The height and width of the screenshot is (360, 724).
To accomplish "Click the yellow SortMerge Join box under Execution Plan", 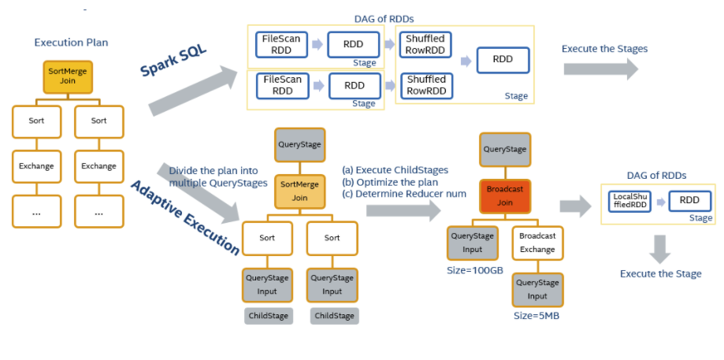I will pyautogui.click(x=67, y=76).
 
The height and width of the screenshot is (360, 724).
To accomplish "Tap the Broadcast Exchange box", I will pyautogui.click(x=537, y=243).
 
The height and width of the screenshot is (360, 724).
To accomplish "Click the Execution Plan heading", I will pyautogui.click(x=71, y=42).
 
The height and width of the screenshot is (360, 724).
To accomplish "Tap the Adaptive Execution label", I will pyautogui.click(x=184, y=217).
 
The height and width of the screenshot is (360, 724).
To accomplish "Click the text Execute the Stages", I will pyautogui.click(x=604, y=49).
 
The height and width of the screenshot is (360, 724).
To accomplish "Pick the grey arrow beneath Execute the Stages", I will pyautogui.click(x=601, y=69).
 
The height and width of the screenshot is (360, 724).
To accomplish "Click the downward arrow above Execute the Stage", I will pyautogui.click(x=660, y=248).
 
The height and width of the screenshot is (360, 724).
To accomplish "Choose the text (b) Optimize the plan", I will pyautogui.click(x=389, y=182).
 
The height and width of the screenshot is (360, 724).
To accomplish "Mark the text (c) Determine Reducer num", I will pyautogui.click(x=404, y=194).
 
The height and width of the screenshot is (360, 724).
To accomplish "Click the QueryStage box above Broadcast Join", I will pyautogui.click(x=504, y=149).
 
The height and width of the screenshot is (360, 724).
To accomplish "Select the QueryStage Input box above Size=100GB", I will pyautogui.click(x=472, y=243).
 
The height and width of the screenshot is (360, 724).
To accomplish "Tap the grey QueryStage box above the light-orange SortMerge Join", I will pyautogui.click(x=299, y=145).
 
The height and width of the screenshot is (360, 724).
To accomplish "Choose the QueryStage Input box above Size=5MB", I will pyautogui.click(x=537, y=289).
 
